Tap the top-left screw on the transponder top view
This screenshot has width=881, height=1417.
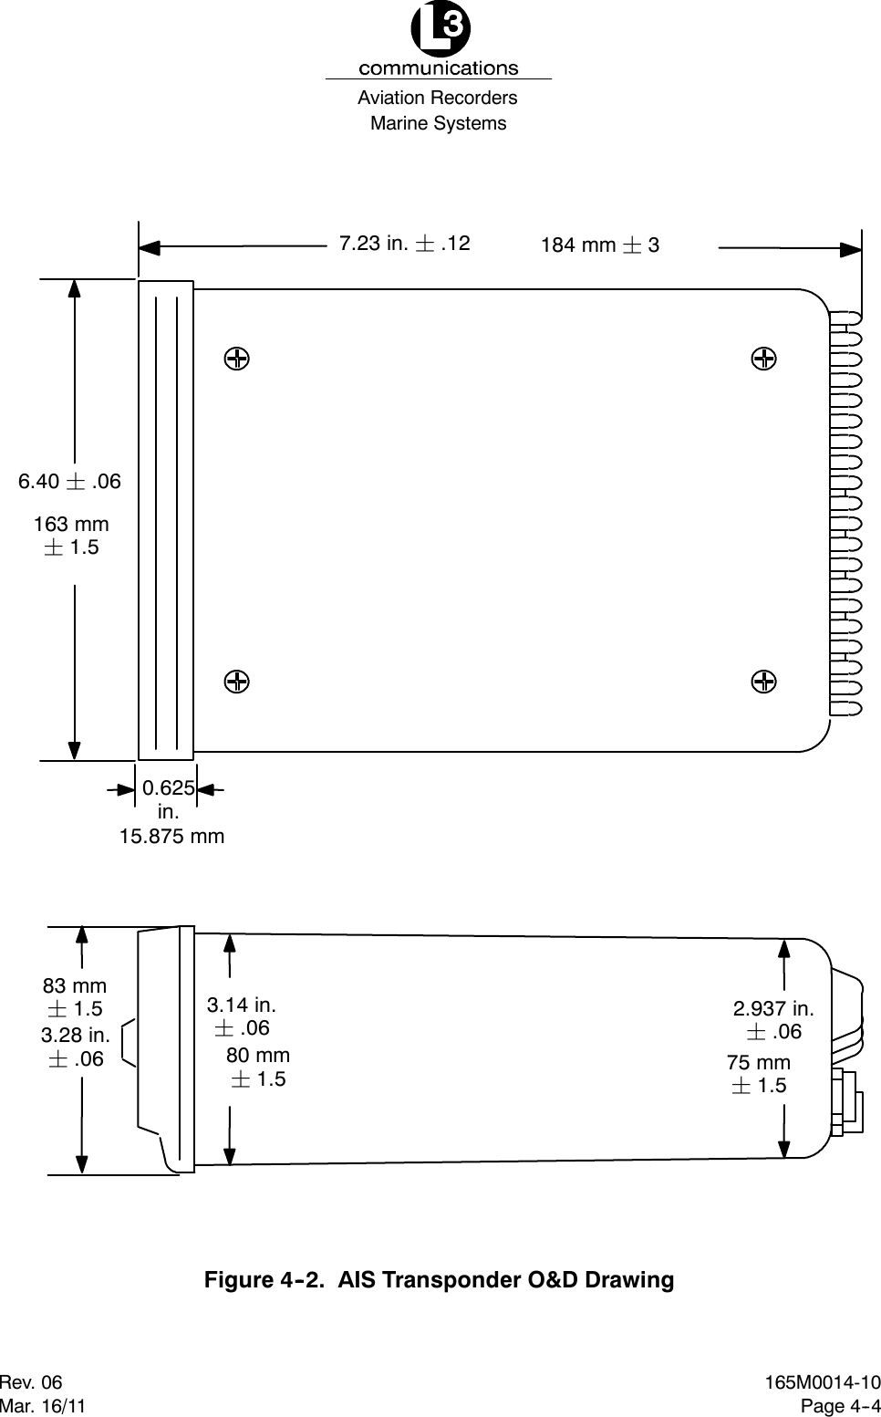pyautogui.click(x=236, y=358)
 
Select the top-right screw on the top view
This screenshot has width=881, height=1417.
pyautogui.click(x=764, y=358)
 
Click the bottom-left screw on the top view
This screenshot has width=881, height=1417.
pyautogui.click(x=236, y=681)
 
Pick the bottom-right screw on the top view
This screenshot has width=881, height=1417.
pyautogui.click(x=764, y=681)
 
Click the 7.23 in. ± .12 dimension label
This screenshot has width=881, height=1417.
pyautogui.click(x=404, y=244)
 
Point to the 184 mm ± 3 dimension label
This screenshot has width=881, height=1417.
pyautogui.click(x=599, y=245)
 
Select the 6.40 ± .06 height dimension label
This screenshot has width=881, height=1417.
pyautogui.click(x=69, y=482)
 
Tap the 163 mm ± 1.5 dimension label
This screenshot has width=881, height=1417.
pyautogui.click(x=71, y=536)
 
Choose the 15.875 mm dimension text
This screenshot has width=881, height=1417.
pyautogui.click(x=171, y=837)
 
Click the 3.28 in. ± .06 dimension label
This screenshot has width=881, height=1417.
pyautogui.click(x=76, y=1047)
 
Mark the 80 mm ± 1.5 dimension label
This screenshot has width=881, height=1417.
pyautogui.click(x=257, y=1068)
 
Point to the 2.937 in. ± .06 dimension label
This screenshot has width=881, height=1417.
pyautogui.click(x=773, y=1020)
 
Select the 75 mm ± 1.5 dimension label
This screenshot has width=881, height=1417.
pyautogui.click(x=759, y=1074)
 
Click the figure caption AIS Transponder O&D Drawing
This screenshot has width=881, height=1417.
pyautogui.click(x=439, y=1280)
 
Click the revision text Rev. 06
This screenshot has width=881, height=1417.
pyautogui.click(x=32, y=1383)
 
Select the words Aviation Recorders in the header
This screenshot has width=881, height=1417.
pyautogui.click(x=438, y=98)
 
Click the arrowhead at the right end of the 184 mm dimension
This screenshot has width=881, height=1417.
pyautogui.click(x=852, y=247)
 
